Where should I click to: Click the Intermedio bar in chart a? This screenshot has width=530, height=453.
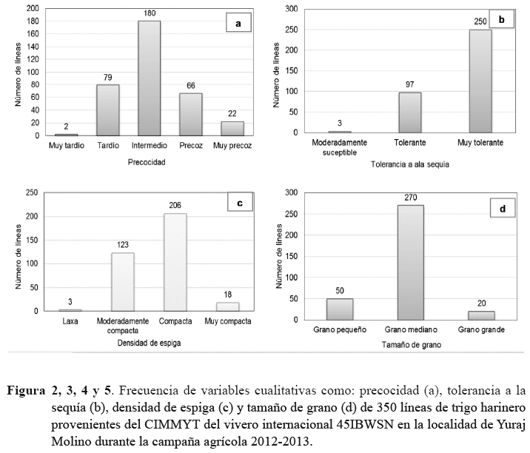click(149, 78)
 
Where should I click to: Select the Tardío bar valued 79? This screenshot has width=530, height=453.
click(107, 110)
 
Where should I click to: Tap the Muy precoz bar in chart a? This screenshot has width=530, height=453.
click(232, 128)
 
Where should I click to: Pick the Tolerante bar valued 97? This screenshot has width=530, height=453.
click(410, 113)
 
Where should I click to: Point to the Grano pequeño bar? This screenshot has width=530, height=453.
click(340, 309)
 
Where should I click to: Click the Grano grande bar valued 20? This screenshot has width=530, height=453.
click(482, 315)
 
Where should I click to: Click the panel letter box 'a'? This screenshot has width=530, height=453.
click(238, 24)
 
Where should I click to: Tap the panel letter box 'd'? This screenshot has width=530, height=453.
click(502, 210)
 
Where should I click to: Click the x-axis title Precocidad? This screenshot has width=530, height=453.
click(146, 161)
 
